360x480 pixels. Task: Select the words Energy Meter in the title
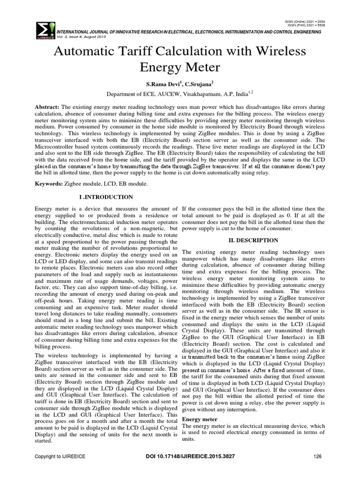tap(180, 68)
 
